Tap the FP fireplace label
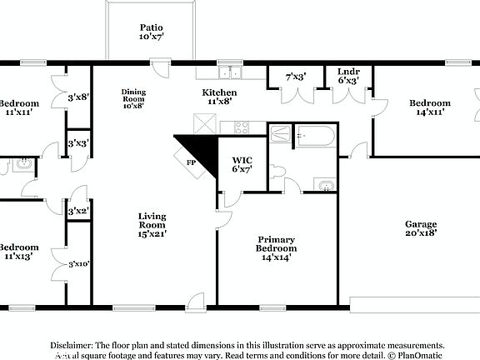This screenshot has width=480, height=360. [x=190, y=162]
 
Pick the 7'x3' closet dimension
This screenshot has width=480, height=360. [x=296, y=77]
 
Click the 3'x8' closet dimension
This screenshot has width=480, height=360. [x=78, y=97]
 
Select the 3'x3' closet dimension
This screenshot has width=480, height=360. [x=78, y=143]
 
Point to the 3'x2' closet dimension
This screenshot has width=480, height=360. [x=78, y=211]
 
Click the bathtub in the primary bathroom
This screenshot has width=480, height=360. [x=314, y=135]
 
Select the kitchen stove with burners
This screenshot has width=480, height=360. [x=242, y=127]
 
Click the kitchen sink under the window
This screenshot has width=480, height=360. [x=229, y=72]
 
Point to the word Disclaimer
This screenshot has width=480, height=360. [x=72, y=344]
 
